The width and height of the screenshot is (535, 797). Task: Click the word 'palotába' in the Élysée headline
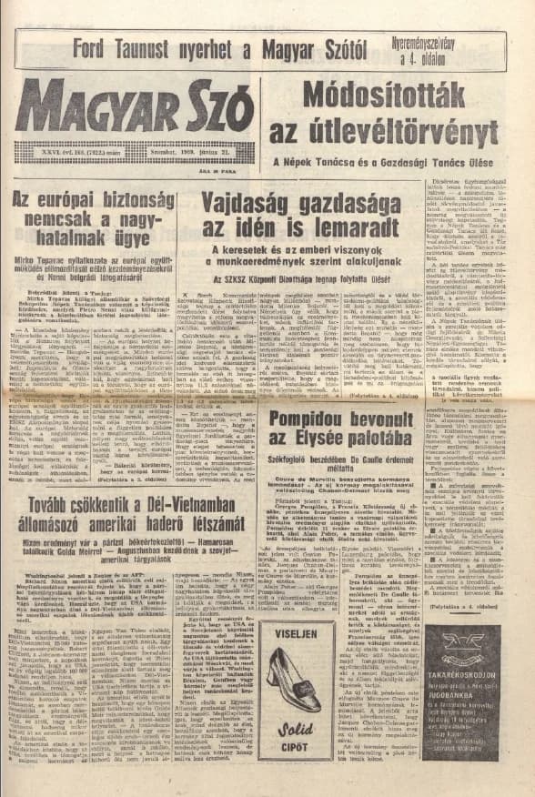click(x=373, y=443)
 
